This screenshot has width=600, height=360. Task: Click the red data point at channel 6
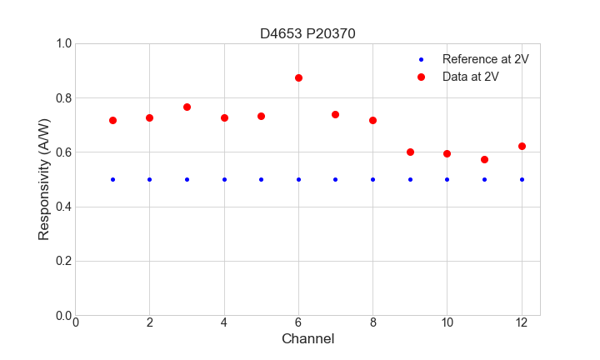point(298,77)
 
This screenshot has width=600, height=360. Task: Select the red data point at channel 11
point(484,159)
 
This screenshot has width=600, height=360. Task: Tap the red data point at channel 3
point(187,107)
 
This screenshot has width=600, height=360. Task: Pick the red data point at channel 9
point(410,152)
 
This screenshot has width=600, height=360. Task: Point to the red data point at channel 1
point(112,120)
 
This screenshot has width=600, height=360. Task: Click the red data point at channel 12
point(522,146)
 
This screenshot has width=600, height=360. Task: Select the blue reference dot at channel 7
point(335,179)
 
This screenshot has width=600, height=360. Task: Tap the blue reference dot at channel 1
point(112,179)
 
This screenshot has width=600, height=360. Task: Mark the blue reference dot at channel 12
point(522,179)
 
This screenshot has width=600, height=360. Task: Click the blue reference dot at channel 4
point(224,179)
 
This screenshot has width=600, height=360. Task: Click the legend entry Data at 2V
point(470,76)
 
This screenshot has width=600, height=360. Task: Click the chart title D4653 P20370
point(307,33)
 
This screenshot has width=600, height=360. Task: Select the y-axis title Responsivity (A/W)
point(44,179)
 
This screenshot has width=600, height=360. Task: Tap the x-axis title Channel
point(307,339)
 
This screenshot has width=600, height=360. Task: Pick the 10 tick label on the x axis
point(447,322)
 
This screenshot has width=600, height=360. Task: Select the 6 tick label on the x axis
point(298,322)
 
